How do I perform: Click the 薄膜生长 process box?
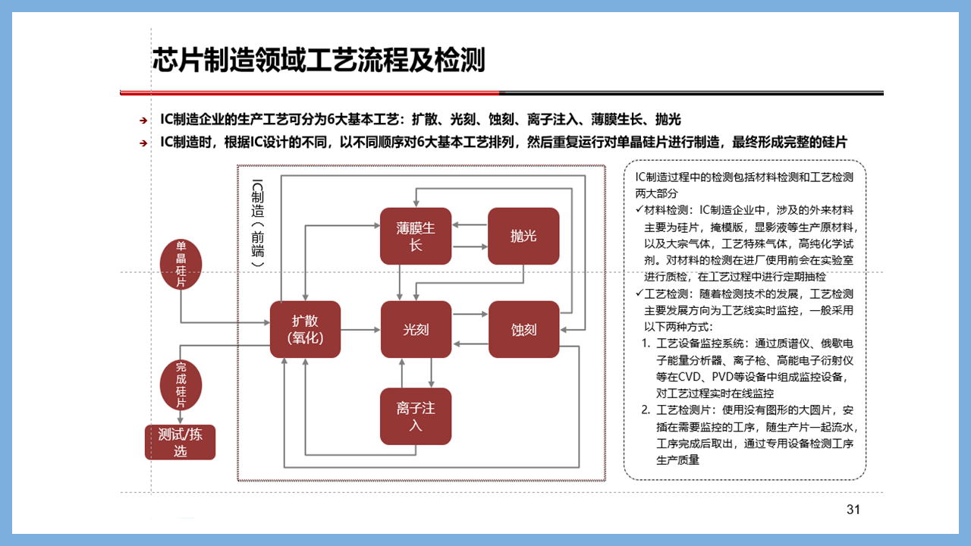click(416, 236)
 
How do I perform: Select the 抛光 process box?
click(523, 236)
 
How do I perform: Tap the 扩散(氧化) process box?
click(305, 329)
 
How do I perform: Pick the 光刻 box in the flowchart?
click(416, 329)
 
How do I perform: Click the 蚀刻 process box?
click(524, 329)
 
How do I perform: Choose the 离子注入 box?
click(416, 416)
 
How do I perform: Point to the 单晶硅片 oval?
click(181, 265)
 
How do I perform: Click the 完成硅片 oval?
click(181, 385)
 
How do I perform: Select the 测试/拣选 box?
click(180, 442)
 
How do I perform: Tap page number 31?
click(853, 510)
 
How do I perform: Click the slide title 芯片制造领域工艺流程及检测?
click(319, 60)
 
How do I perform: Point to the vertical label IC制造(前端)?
click(257, 223)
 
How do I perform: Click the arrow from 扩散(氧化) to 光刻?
click(360, 330)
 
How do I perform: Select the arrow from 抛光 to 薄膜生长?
click(470, 225)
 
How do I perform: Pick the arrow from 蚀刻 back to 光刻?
click(470, 344)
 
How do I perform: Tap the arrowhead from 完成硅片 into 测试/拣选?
click(181, 420)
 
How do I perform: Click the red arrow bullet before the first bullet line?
click(143, 121)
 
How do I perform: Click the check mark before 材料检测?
click(639, 209)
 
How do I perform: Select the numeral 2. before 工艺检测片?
click(646, 410)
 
